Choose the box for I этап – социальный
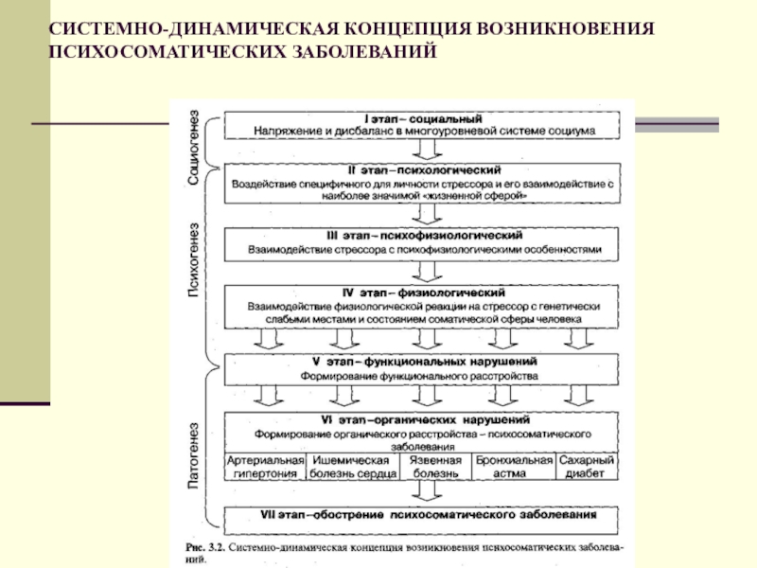[423, 125]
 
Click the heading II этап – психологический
[423, 169]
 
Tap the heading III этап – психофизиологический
[423, 234]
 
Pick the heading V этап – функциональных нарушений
[423, 362]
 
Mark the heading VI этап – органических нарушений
[423, 419]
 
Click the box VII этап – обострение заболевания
[423, 516]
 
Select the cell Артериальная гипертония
[264, 467]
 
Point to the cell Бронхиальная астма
[514, 467]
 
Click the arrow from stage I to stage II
[423, 151]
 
